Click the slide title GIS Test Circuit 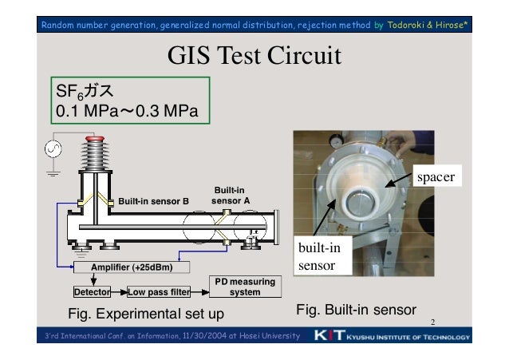point(253,57)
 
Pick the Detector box point(91,291)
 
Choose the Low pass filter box point(158,291)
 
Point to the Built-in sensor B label point(153,200)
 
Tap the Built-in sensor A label point(228,195)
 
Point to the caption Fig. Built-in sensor point(356,309)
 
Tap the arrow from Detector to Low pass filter point(119,291)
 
